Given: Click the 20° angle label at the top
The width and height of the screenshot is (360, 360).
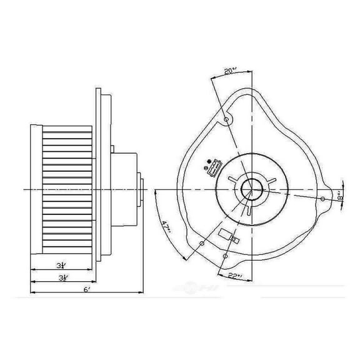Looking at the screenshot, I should tap(231, 72).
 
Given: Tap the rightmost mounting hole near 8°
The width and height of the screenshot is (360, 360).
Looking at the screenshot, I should tap(322, 199).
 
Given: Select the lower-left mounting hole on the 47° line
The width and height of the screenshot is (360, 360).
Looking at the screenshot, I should tap(201, 244).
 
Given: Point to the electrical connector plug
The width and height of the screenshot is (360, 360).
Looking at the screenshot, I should tap(214, 167).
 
